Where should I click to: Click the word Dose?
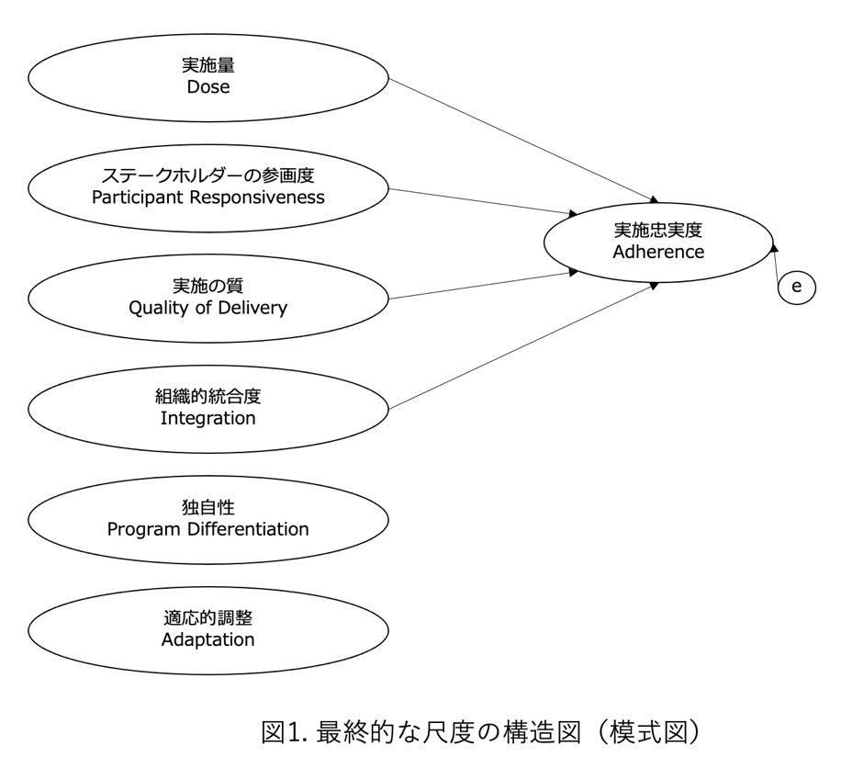[x=207, y=87]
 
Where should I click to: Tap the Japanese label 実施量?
[x=207, y=66]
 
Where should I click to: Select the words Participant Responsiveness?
[x=207, y=198]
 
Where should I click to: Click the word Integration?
[x=207, y=418]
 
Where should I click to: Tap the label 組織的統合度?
[x=207, y=397]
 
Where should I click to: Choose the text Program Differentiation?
[x=207, y=529]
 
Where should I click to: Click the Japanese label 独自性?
[x=207, y=508]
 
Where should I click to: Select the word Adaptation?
[x=207, y=639]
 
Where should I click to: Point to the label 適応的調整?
[x=207, y=618]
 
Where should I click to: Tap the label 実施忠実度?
[x=659, y=230]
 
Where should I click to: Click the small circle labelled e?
[x=796, y=287]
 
